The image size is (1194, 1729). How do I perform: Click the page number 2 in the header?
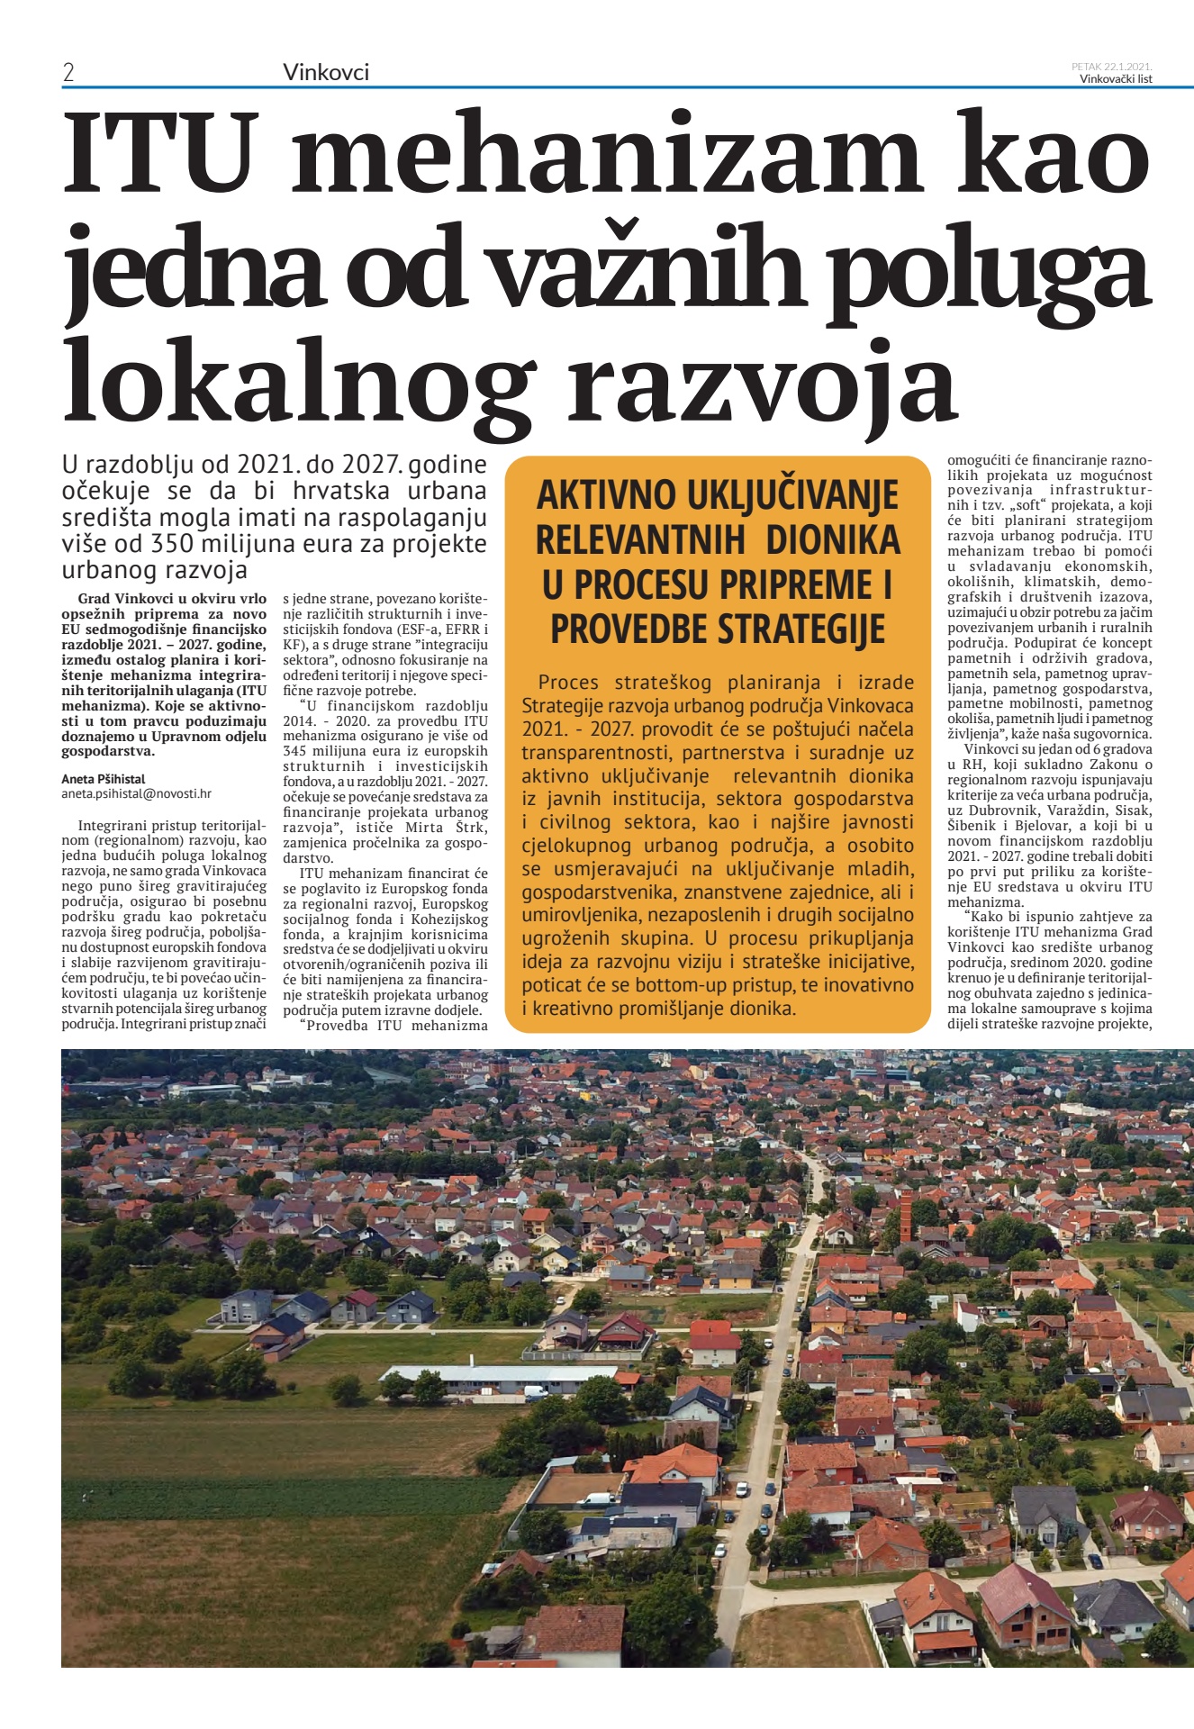(x=68, y=72)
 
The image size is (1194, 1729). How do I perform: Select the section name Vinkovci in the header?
(x=325, y=72)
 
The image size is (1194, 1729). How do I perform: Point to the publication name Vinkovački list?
(x=1116, y=79)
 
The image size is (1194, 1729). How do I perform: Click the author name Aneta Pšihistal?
(x=103, y=779)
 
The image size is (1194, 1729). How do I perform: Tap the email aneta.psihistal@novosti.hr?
(x=136, y=793)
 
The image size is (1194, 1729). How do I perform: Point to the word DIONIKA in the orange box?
(x=832, y=540)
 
